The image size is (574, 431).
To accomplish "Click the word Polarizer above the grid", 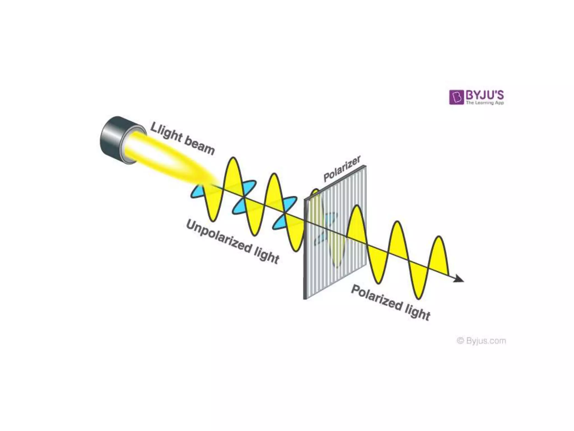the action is [x=342, y=169].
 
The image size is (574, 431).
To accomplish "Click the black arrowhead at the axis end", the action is [x=459, y=278].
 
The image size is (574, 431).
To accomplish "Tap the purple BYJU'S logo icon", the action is [x=456, y=97].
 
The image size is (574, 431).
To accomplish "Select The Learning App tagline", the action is [x=485, y=103].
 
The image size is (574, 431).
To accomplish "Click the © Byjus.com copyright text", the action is [x=481, y=341].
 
